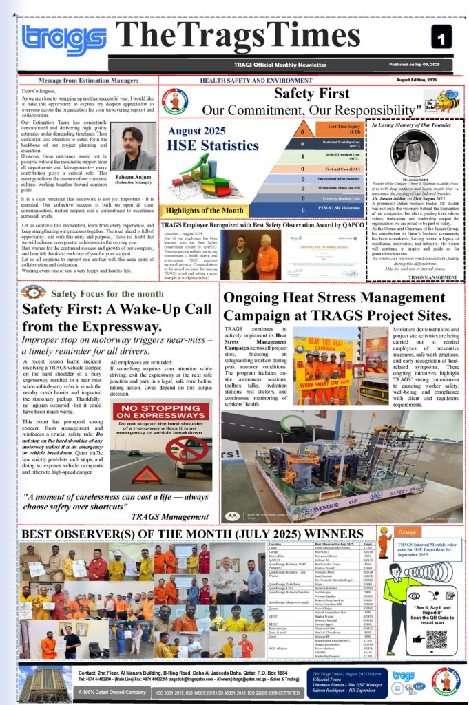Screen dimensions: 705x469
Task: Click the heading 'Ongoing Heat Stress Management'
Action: click(x=336, y=298)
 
